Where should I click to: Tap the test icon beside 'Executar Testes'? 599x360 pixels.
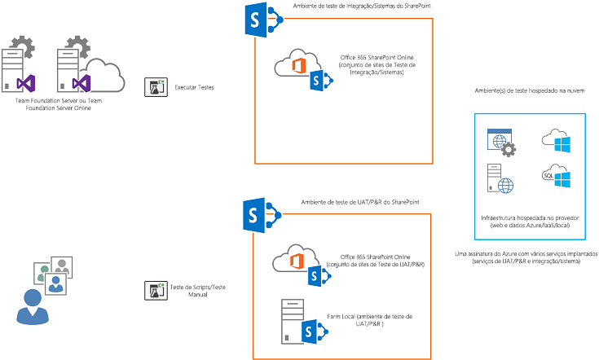click(x=156, y=86)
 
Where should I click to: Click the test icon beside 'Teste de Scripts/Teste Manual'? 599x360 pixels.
click(x=156, y=290)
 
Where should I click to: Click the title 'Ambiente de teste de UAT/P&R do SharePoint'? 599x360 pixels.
click(x=360, y=202)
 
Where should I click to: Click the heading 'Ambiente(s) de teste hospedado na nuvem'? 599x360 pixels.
click(x=530, y=90)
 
